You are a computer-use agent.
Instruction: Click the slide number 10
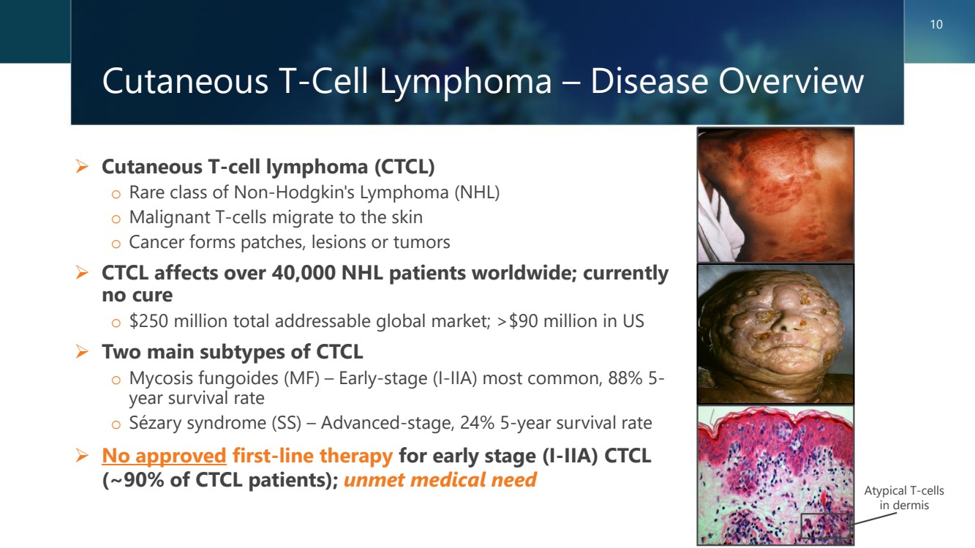tap(936, 24)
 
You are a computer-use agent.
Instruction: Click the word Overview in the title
tap(792, 81)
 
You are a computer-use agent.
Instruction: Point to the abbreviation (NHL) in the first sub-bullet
tap(477, 192)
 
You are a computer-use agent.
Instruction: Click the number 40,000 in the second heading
tap(304, 274)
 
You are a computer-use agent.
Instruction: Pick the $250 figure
tap(148, 321)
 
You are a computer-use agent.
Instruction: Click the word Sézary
tap(155, 424)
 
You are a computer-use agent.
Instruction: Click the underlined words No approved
tap(164, 456)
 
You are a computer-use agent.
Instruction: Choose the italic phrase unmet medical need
tap(440, 480)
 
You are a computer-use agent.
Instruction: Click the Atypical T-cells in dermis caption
tap(904, 498)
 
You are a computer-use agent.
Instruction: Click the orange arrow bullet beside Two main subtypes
tap(82, 351)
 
